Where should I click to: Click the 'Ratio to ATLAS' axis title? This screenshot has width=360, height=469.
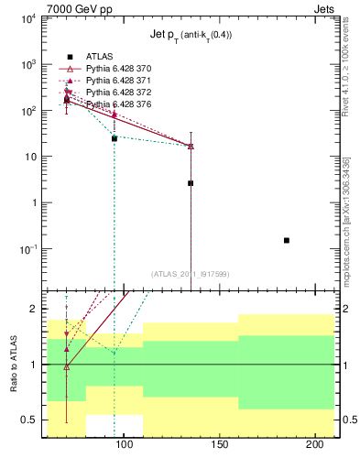click(12, 364)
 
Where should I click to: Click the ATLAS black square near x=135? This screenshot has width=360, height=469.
click(191, 183)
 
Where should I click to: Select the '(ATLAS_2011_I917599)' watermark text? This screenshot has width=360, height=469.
click(191, 274)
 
